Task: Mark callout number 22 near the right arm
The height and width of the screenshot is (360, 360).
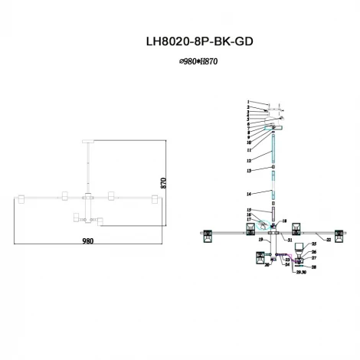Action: [328, 240]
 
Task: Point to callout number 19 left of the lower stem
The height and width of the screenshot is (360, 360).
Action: [260, 240]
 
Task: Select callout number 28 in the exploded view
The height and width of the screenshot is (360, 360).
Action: [313, 267]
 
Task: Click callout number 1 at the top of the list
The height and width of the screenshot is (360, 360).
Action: [248, 102]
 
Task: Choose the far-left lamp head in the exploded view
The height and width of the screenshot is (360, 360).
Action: [205, 236]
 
